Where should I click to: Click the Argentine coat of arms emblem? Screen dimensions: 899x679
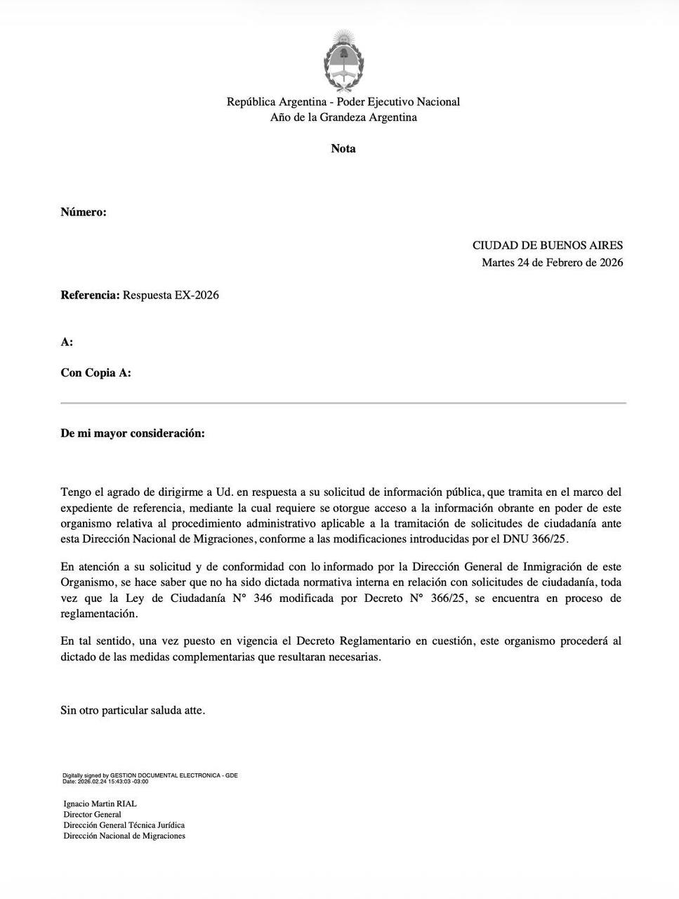[x=343, y=61]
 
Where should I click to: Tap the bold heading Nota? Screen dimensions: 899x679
[x=343, y=148]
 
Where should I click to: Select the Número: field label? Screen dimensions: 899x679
[x=84, y=211]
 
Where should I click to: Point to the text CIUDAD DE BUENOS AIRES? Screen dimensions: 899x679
[x=547, y=245]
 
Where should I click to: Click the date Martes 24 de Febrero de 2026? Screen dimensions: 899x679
[x=552, y=263]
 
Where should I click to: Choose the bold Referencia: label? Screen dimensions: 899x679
[x=90, y=295]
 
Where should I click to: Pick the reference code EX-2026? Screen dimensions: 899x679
[x=197, y=295]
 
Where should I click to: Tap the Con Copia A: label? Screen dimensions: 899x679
[x=95, y=373]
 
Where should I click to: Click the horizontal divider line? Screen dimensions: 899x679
[x=343, y=403]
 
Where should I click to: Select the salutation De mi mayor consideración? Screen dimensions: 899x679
[x=133, y=433]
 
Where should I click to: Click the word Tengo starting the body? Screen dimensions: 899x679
[x=76, y=492]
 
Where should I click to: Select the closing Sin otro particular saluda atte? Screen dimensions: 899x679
[x=133, y=710]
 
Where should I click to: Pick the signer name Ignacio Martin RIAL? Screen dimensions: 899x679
[x=100, y=803]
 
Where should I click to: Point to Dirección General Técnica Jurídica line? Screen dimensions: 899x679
[x=124, y=825]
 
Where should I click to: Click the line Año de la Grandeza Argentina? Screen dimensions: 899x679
[x=343, y=117]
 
